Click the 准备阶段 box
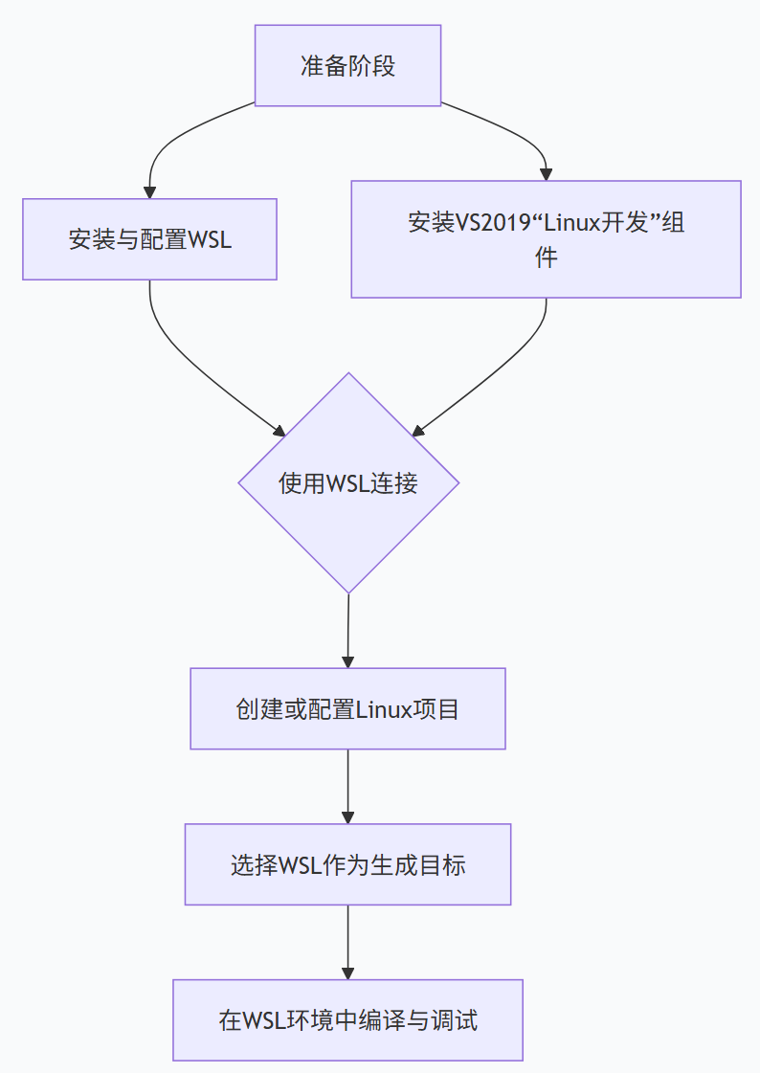(x=347, y=65)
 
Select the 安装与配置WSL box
(x=149, y=239)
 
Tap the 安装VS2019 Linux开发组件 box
(x=546, y=239)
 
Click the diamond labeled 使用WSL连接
(x=348, y=483)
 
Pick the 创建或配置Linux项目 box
(x=347, y=709)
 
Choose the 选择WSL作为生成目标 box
(x=347, y=864)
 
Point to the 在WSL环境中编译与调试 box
(x=347, y=1020)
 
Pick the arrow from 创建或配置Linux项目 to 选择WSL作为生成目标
(x=347, y=786)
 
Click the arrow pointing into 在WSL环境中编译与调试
(x=347, y=942)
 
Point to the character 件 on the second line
(x=546, y=257)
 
